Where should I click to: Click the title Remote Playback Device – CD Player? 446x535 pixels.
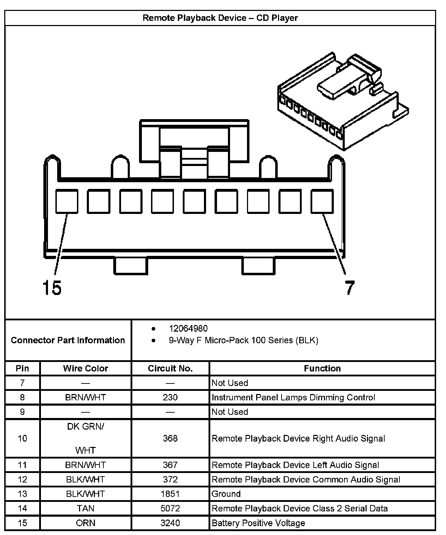tap(220, 18)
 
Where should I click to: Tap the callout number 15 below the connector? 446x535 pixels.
tap(52, 287)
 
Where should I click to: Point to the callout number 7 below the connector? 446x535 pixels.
tap(349, 288)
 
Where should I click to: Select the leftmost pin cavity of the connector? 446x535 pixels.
tap(67, 201)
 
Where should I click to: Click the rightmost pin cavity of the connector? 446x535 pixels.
tap(322, 201)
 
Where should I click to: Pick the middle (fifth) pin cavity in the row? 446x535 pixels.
tap(194, 201)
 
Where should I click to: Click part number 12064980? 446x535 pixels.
tap(188, 328)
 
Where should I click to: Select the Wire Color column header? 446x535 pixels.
tap(85, 368)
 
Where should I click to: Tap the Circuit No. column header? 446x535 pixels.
tap(170, 368)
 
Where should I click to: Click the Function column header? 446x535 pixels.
tap(322, 368)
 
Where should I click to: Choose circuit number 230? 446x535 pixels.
tap(170, 397)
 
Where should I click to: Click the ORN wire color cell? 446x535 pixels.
tap(85, 523)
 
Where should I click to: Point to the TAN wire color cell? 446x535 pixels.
tap(85, 508)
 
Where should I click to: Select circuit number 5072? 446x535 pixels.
tap(170, 508)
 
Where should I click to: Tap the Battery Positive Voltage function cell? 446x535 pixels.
tap(258, 523)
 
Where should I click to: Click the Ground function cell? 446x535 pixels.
tap(226, 494)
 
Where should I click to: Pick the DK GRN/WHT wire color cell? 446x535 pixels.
tap(85, 438)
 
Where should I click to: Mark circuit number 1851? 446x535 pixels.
tap(170, 494)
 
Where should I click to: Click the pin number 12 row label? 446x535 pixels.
tap(22, 479)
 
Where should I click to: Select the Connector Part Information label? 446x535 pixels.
tap(68, 340)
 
